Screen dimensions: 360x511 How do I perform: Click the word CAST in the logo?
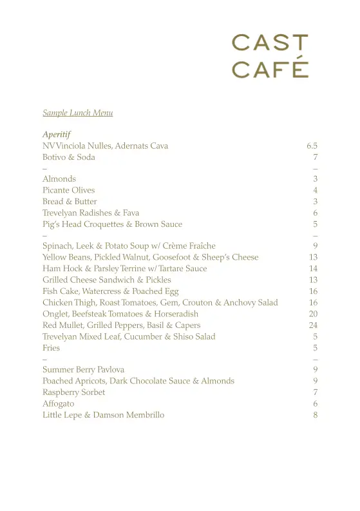coord(270,43)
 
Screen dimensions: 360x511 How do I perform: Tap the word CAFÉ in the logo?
coord(270,69)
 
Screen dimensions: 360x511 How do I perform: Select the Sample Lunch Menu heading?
coord(78,113)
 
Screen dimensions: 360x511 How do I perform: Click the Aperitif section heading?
coord(57,135)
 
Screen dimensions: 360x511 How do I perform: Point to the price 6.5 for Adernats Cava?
coord(312,146)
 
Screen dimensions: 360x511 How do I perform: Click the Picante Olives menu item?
coord(68,190)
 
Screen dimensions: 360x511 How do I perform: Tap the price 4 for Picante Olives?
coord(316,190)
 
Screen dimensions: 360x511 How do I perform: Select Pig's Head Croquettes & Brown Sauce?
coord(112,224)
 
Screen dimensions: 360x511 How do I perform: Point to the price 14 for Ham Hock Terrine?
coord(314,268)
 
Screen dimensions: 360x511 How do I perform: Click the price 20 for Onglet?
coord(314,314)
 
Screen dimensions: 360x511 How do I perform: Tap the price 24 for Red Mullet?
coord(314,325)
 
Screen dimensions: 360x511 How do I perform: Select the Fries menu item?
coord(51,348)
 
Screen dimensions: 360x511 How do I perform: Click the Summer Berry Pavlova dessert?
coord(83,370)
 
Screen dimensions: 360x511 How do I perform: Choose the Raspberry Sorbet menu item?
coord(73,392)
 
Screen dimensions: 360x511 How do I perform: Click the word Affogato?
coord(58,404)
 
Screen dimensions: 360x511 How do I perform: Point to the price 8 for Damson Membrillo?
coord(316,415)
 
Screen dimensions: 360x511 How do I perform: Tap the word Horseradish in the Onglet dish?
coord(176,314)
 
